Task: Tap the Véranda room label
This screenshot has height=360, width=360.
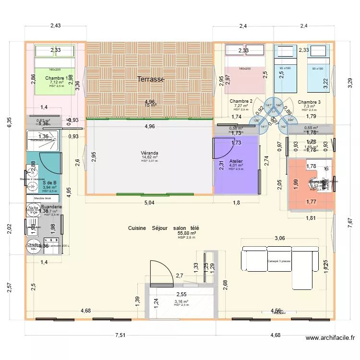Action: click(x=150, y=153)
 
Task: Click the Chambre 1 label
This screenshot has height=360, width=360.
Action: click(x=57, y=78)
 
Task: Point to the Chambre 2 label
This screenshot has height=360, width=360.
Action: click(x=241, y=101)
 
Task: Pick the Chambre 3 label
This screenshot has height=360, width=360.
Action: click(x=309, y=102)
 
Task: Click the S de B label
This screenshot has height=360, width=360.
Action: click(x=49, y=182)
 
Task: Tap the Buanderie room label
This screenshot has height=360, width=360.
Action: click(x=51, y=207)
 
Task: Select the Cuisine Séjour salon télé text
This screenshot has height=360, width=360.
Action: click(x=164, y=228)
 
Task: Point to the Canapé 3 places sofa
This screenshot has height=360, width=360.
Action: click(x=278, y=268)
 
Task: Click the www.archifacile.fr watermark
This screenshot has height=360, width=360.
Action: click(x=331, y=338)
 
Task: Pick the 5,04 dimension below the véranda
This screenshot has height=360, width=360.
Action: click(x=149, y=203)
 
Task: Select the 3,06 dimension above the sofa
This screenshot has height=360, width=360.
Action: click(x=279, y=238)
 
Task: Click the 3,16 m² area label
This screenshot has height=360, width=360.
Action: click(x=181, y=302)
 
